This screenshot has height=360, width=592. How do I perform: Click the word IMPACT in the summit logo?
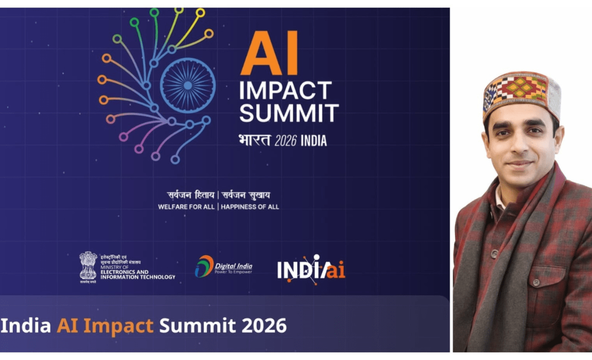click(x=285, y=91)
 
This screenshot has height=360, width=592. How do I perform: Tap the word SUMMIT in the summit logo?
click(x=289, y=113)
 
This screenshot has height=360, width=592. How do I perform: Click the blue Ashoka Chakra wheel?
click(x=187, y=85)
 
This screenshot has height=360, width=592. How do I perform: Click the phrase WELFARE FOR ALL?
click(x=186, y=207)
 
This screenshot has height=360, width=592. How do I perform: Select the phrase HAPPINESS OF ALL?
click(x=250, y=207)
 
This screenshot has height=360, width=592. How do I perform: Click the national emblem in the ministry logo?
click(x=88, y=265)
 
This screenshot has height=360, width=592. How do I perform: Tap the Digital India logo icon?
click(x=204, y=266)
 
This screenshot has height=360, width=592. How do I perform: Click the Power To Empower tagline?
click(x=233, y=272)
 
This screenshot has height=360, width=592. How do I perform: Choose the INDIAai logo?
click(x=311, y=269)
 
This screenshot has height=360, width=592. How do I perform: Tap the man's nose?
click(x=518, y=148)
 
